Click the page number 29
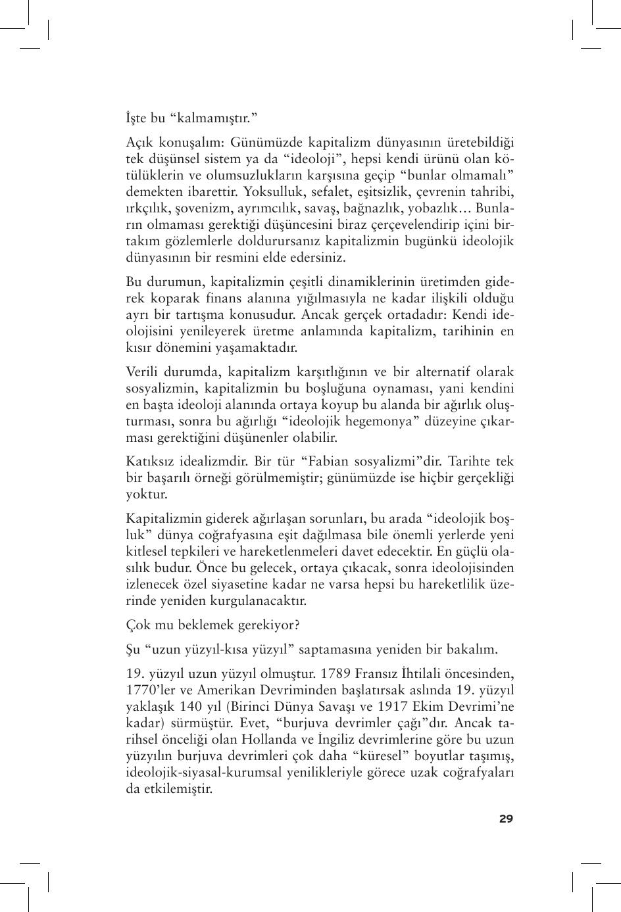pos(506,819)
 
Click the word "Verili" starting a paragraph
pos(143,372)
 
